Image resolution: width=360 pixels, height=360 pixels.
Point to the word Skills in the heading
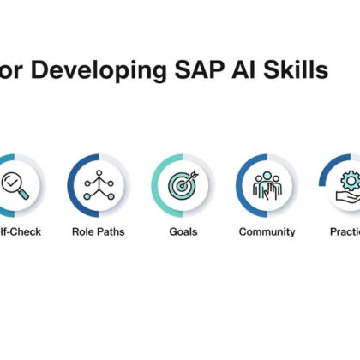point(299,71)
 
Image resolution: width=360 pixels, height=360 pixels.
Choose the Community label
point(267,231)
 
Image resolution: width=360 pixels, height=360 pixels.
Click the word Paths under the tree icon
point(111,231)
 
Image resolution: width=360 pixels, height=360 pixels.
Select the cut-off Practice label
point(345,231)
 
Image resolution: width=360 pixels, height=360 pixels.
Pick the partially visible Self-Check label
point(21,231)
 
